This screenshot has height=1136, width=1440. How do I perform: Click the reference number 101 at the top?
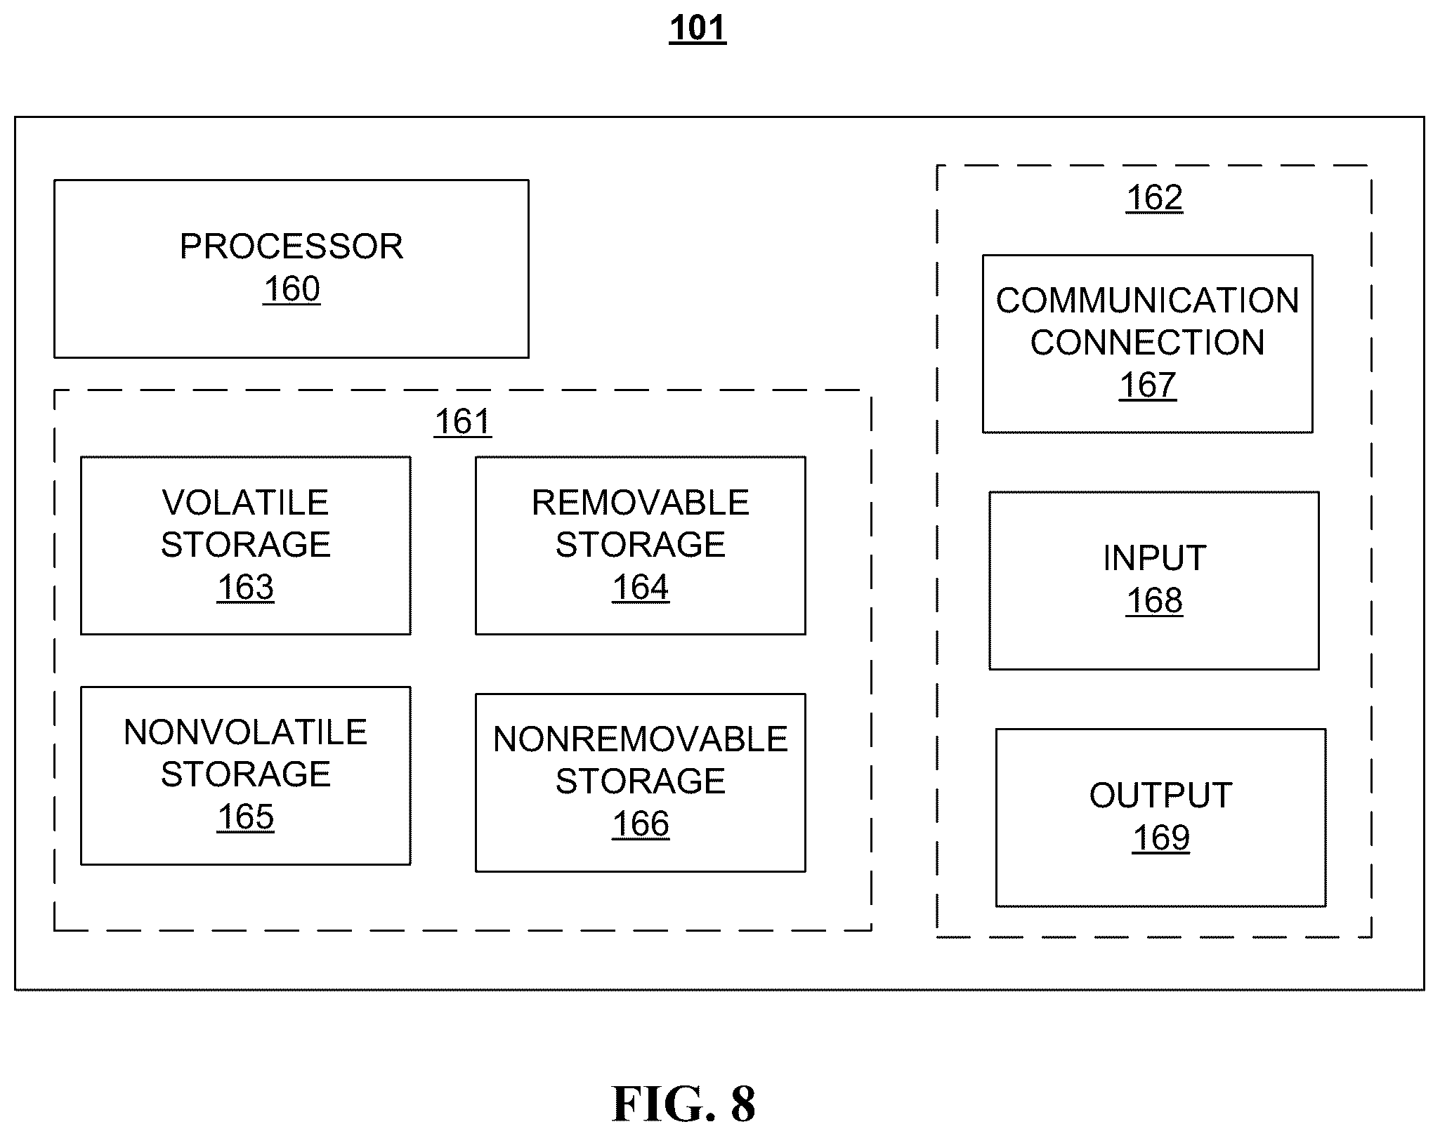(x=698, y=29)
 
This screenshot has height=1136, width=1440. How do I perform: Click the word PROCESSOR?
(x=292, y=246)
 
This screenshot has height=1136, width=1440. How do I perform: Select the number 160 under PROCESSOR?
(x=292, y=289)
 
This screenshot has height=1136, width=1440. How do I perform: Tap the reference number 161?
(x=463, y=422)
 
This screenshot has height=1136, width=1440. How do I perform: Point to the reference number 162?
(x=1154, y=198)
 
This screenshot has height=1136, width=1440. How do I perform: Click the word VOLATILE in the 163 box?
(x=245, y=503)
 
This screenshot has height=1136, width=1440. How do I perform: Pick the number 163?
(x=245, y=587)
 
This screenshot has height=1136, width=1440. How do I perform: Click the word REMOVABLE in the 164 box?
(x=641, y=503)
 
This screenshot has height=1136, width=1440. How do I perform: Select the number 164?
(x=641, y=587)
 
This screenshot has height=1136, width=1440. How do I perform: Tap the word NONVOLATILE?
(x=245, y=732)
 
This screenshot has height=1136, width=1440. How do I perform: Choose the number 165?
(x=245, y=817)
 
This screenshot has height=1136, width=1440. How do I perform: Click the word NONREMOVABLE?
(x=641, y=739)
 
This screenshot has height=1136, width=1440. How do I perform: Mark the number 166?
(x=641, y=824)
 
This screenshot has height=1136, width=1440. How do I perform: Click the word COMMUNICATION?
(x=1148, y=300)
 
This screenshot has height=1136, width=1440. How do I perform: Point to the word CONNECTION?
(x=1148, y=343)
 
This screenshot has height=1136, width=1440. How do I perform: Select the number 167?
(x=1148, y=385)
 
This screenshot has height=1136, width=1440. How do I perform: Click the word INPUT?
(x=1154, y=558)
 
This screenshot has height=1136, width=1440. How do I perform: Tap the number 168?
(x=1154, y=601)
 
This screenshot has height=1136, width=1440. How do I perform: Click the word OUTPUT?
(x=1161, y=795)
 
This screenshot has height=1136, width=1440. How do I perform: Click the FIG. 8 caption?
(x=683, y=1104)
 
